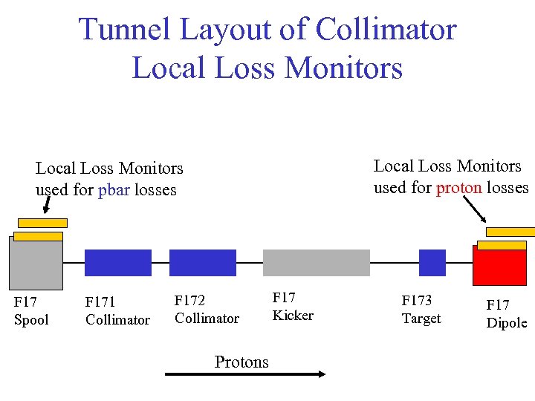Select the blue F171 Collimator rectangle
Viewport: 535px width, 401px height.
(x=117, y=263)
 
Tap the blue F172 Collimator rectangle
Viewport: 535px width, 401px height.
(x=202, y=263)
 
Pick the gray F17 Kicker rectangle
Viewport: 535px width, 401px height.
(x=316, y=263)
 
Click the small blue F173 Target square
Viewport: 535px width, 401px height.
(x=432, y=263)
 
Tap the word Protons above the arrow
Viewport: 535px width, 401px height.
(x=241, y=362)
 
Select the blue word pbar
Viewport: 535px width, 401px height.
(x=114, y=190)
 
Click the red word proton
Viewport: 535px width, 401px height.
(x=459, y=188)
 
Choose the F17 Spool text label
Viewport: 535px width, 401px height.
(x=31, y=311)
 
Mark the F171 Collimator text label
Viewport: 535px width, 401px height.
(x=117, y=311)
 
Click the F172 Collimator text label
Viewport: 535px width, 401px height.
(x=207, y=310)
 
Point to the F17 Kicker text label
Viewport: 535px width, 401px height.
(x=293, y=307)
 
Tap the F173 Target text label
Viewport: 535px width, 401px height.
(x=421, y=310)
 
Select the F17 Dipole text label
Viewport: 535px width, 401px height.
(x=506, y=314)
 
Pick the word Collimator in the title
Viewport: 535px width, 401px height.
(x=386, y=30)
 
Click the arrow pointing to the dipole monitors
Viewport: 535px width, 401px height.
(x=474, y=211)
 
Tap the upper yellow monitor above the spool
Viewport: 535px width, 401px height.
(x=42, y=223)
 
